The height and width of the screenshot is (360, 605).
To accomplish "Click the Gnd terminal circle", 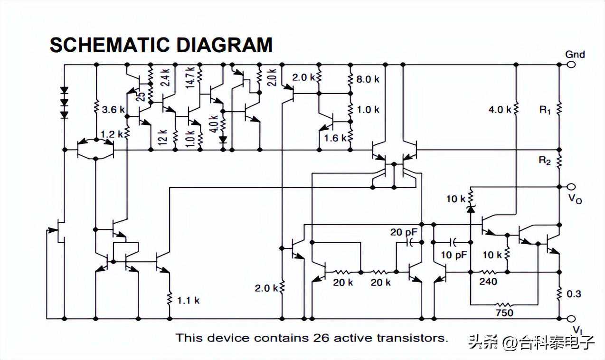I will click(x=571, y=65).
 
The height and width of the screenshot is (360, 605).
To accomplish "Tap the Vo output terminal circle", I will click(x=571, y=187).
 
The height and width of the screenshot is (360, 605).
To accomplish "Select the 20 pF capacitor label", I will click(x=404, y=232).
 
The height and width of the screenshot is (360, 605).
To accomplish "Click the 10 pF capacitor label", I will click(x=454, y=255).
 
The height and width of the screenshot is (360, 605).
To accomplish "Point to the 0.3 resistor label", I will click(x=574, y=294).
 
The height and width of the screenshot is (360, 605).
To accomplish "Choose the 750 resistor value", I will click(x=504, y=313).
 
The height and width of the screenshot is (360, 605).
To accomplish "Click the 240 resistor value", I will click(x=488, y=282).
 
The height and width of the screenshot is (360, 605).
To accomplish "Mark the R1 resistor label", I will click(x=545, y=110).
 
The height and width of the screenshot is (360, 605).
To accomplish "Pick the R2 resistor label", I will click(x=545, y=161).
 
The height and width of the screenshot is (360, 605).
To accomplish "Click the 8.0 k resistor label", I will click(x=368, y=79).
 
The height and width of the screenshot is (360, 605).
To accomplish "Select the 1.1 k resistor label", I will click(x=189, y=300).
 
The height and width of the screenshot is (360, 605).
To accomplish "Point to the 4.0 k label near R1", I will click(x=500, y=110).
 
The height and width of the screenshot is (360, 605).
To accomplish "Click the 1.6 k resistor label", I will click(x=336, y=138).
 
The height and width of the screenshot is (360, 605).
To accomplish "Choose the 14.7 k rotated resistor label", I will click(x=190, y=78).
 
